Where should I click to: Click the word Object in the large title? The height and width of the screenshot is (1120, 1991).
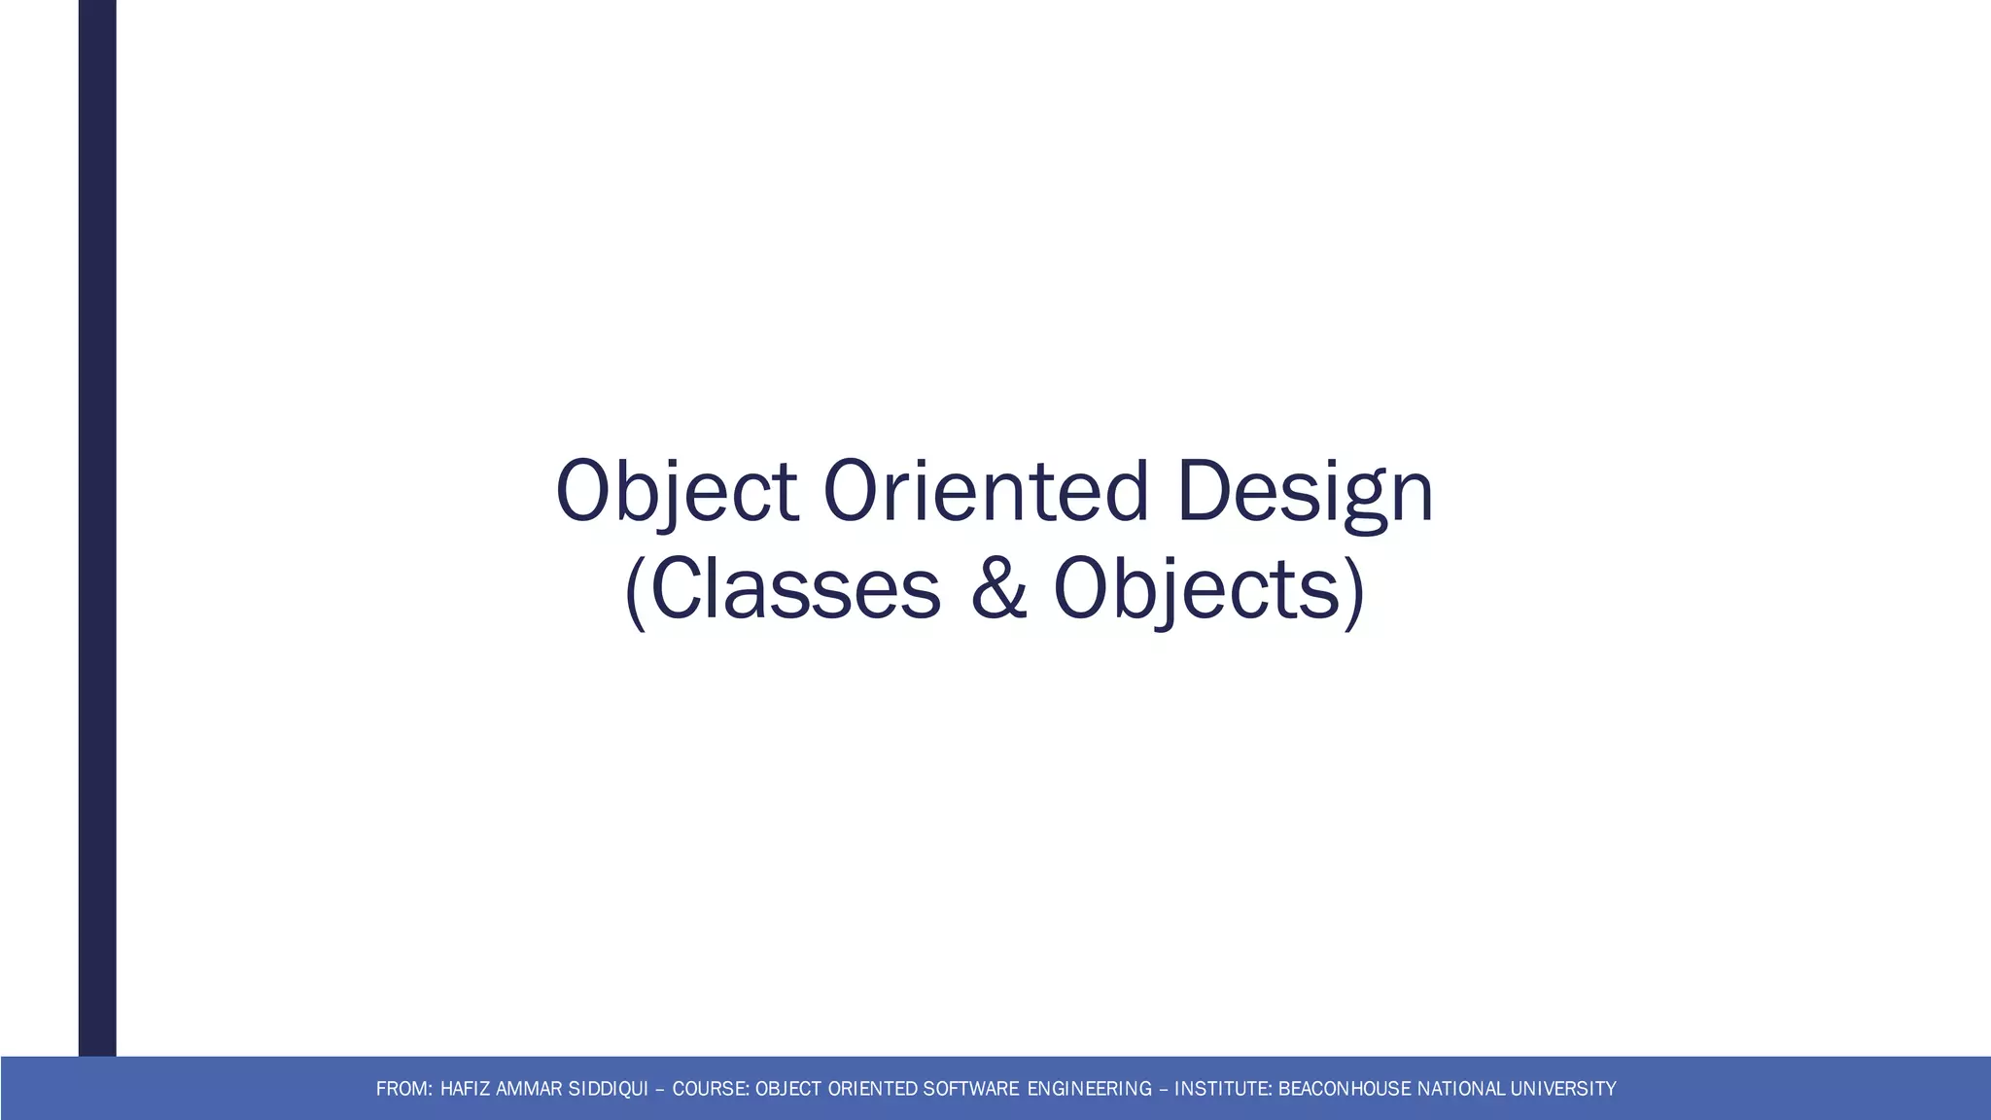coord(677,491)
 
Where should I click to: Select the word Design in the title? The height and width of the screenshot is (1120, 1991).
coord(1305,491)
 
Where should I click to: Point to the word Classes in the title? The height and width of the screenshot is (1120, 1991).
coord(793,589)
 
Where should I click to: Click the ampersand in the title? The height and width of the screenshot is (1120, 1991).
coord(998,589)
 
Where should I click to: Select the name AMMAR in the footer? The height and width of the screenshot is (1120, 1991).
coord(529,1089)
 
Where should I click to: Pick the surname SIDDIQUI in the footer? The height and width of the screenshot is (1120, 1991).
coord(608,1089)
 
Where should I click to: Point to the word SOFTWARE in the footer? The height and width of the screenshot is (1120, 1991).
coord(971,1089)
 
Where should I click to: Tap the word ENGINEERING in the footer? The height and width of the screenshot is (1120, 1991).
coord(1089,1089)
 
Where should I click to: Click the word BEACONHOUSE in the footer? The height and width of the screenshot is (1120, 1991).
coord(1345,1089)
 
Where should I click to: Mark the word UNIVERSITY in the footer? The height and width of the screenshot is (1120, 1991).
coord(1563,1089)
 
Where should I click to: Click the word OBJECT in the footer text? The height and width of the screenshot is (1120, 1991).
coord(788,1089)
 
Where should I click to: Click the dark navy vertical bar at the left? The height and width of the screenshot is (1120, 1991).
coord(97,525)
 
